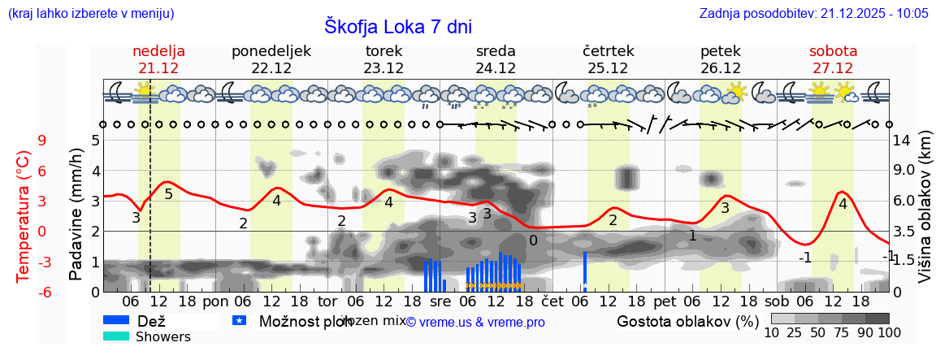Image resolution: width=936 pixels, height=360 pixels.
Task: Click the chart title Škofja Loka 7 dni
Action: [398, 26]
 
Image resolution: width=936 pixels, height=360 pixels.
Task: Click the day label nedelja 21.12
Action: [158, 59]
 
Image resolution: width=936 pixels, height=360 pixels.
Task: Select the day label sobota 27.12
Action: [833, 59]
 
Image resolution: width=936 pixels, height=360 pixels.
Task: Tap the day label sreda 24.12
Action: [496, 59]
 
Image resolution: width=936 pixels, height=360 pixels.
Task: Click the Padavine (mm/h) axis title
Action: [76, 215]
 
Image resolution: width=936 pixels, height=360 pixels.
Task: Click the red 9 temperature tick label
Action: [41, 140]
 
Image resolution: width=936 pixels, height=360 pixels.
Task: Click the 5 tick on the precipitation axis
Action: [95, 140]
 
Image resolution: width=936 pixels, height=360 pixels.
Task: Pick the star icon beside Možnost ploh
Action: [239, 320]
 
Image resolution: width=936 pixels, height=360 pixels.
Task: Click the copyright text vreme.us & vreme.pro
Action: [475, 323]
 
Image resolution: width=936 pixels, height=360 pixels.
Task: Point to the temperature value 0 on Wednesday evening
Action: [533, 241]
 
